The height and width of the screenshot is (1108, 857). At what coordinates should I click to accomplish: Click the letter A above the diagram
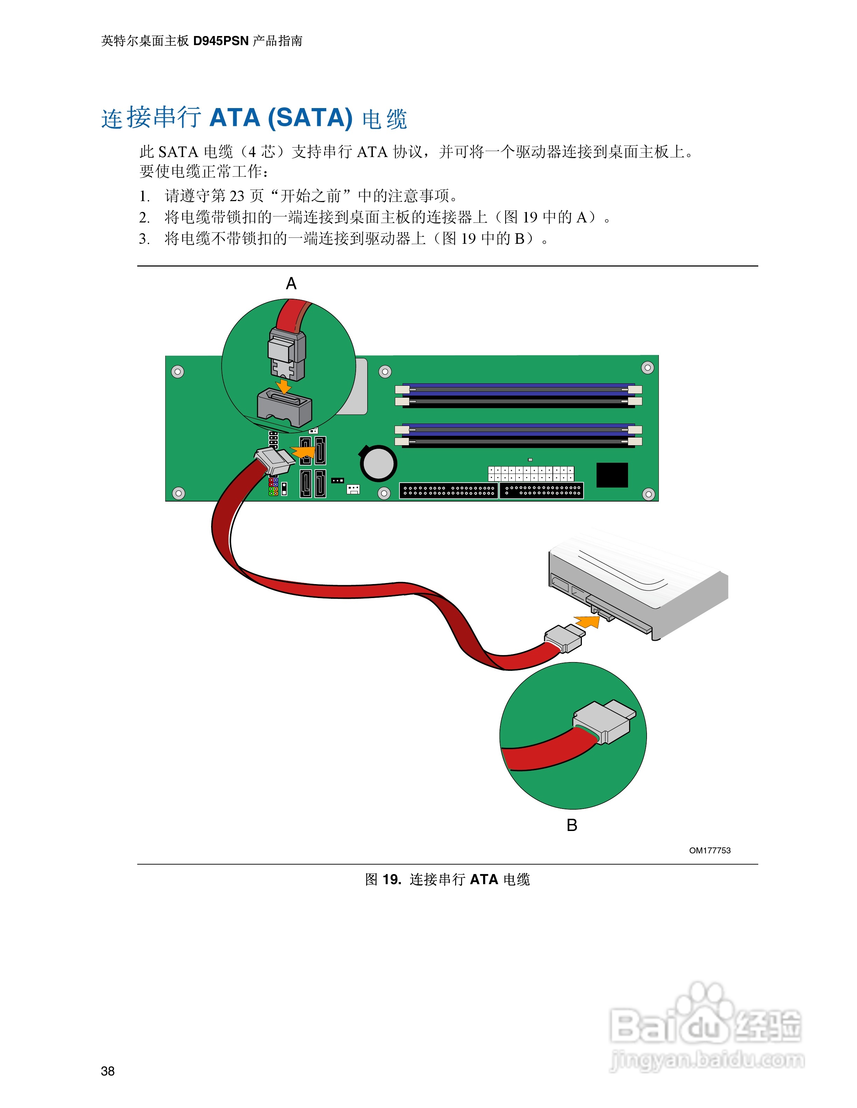[291, 283]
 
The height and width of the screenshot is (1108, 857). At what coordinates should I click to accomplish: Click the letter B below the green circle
[572, 825]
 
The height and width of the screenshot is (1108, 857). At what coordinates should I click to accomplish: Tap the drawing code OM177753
[709, 850]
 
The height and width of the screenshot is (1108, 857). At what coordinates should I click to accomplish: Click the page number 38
[107, 1071]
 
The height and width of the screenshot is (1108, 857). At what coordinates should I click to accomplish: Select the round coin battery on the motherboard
[378, 463]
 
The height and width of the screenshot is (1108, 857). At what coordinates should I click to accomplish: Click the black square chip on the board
[612, 475]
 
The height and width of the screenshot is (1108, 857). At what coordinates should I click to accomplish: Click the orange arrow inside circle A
[283, 386]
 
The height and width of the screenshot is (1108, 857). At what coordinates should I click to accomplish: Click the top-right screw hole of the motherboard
[647, 367]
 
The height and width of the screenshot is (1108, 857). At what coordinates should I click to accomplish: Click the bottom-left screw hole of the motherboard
[179, 492]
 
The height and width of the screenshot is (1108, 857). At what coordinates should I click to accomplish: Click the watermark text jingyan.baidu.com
[707, 1060]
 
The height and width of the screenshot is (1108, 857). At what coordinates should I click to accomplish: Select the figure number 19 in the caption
[391, 879]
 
